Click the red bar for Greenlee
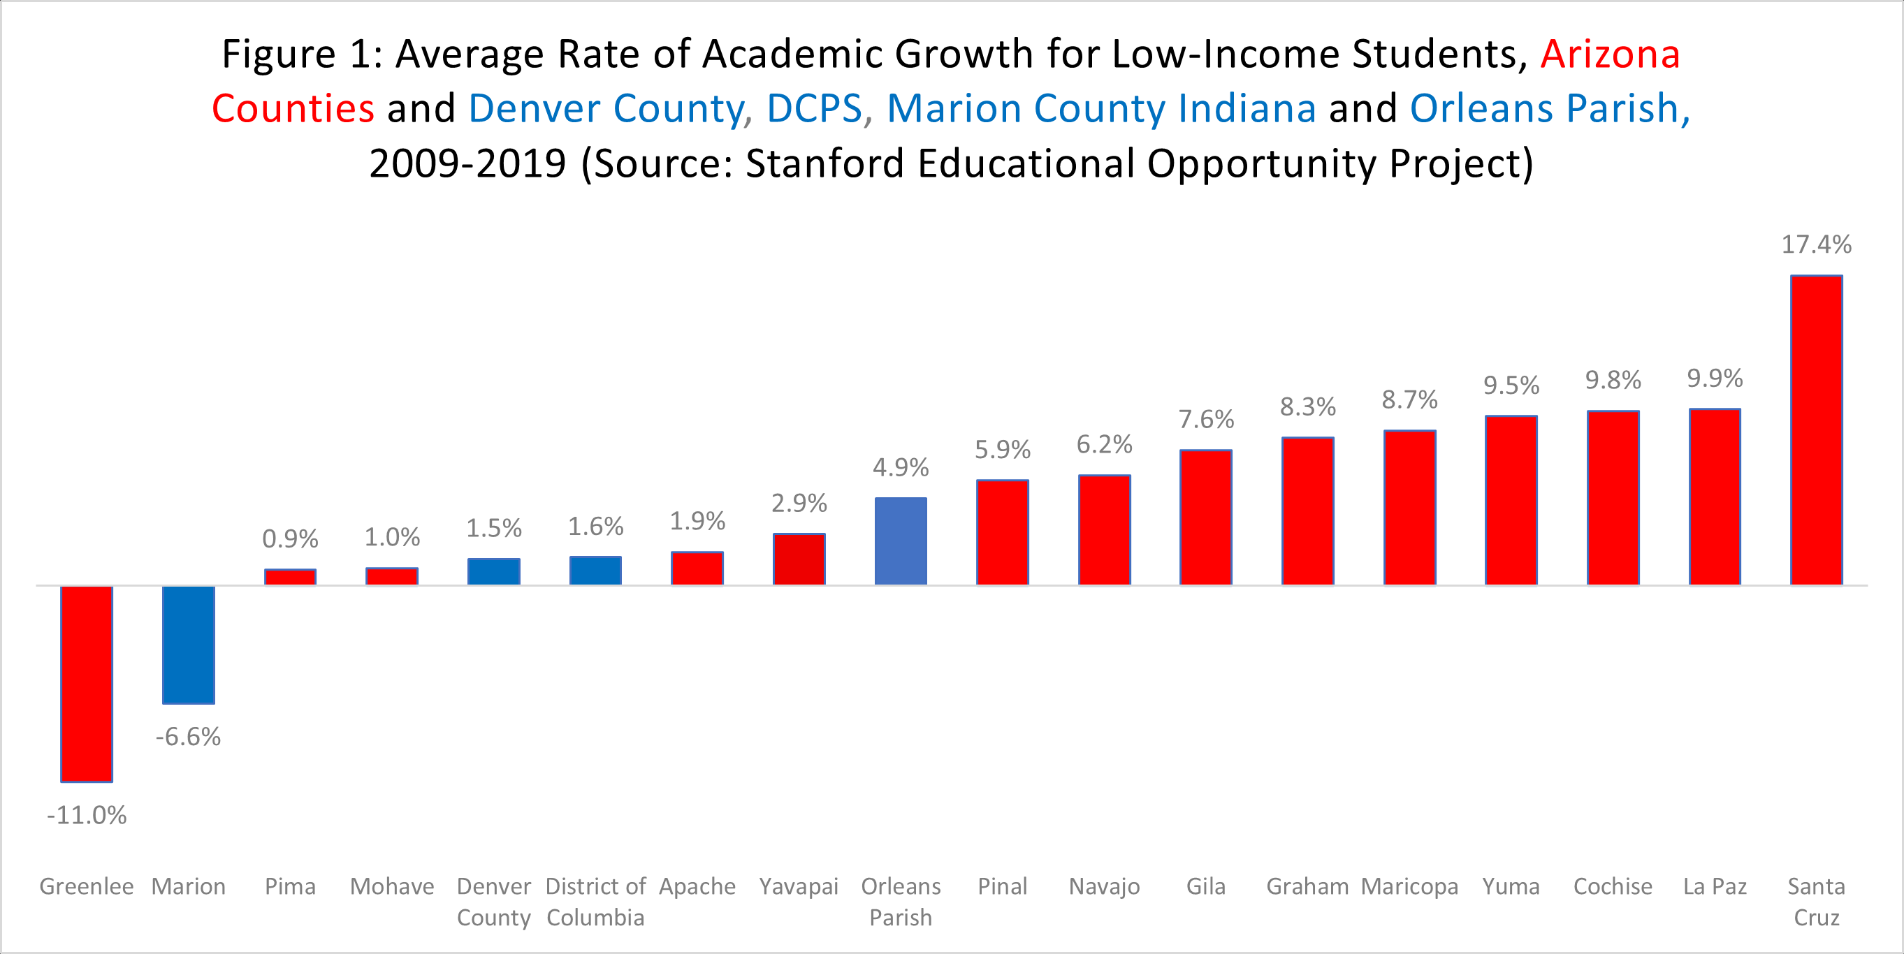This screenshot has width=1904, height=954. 87,684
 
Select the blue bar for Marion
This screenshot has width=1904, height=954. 189,645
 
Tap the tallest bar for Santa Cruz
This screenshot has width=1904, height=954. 1816,430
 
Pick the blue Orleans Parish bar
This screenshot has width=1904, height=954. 900,542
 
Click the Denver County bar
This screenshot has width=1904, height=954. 494,572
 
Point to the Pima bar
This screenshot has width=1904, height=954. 291,577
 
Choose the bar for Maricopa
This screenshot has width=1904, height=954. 1409,508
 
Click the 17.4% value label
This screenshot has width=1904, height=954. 1816,244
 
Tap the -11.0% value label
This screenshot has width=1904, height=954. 87,815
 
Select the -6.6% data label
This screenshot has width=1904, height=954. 189,737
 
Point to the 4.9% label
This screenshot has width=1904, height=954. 900,467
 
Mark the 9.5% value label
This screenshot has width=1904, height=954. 1511,385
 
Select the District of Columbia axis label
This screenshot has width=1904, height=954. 595,902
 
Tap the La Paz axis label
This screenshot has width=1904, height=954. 1715,886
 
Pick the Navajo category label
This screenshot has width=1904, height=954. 1104,886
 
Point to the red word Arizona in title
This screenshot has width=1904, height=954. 1610,54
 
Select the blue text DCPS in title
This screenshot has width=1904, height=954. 814,109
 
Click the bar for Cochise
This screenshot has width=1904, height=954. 1613,498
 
